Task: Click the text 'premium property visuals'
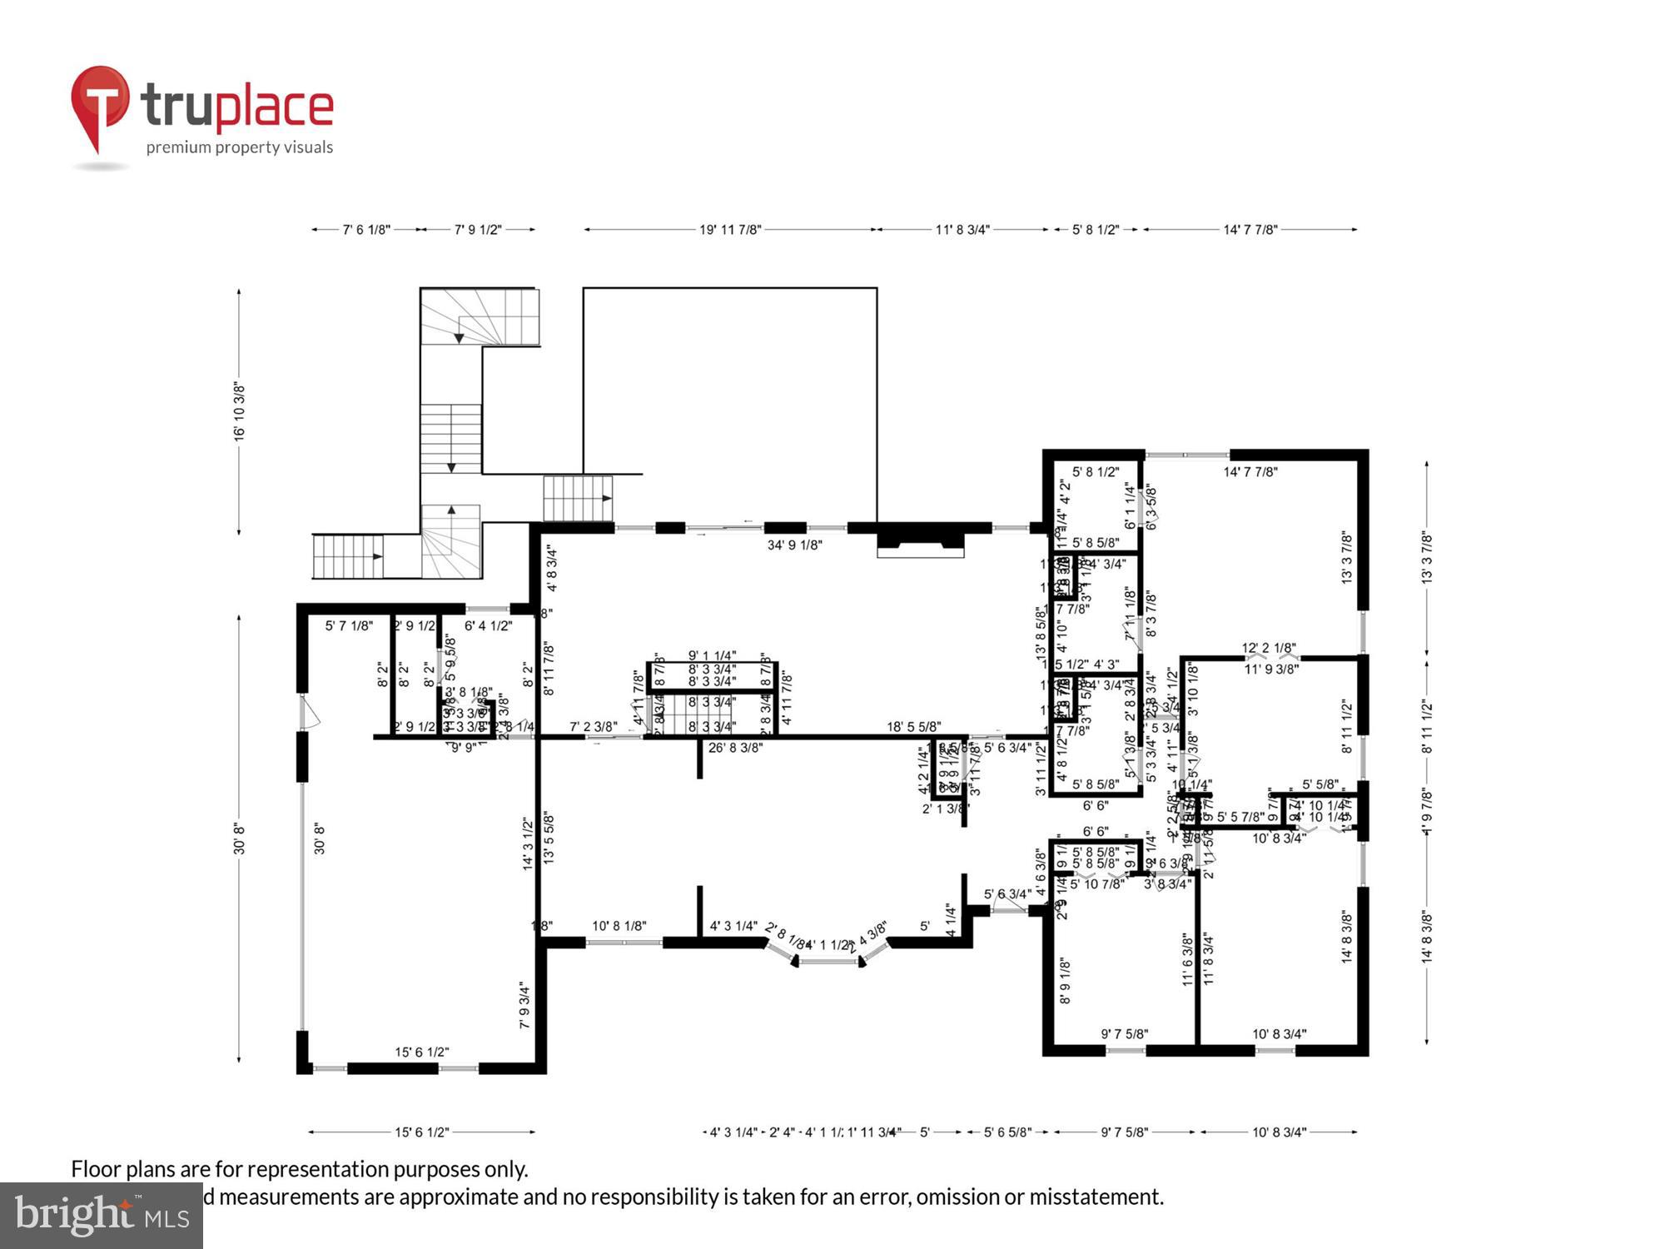pyautogui.click(x=240, y=147)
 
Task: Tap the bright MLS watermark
pyautogui.click(x=102, y=1216)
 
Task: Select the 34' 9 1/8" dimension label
pyautogui.click(x=794, y=545)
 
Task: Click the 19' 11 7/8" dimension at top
pyautogui.click(x=730, y=230)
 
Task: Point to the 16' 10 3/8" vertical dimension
pyautogui.click(x=240, y=412)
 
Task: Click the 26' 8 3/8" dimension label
pyautogui.click(x=735, y=748)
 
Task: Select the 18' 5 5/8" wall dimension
pyautogui.click(x=913, y=727)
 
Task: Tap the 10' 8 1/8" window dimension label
pyautogui.click(x=619, y=926)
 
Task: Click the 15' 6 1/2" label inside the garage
pyautogui.click(x=421, y=1052)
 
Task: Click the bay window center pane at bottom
pyautogui.click(x=829, y=962)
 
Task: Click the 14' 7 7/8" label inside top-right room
pyautogui.click(x=1250, y=472)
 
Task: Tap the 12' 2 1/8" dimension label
pyautogui.click(x=1269, y=648)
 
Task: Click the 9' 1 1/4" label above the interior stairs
pyautogui.click(x=712, y=656)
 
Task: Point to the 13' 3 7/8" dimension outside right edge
pyautogui.click(x=1427, y=558)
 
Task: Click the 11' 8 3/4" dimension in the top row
pyautogui.click(x=962, y=230)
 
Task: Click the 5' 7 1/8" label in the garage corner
pyautogui.click(x=349, y=625)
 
